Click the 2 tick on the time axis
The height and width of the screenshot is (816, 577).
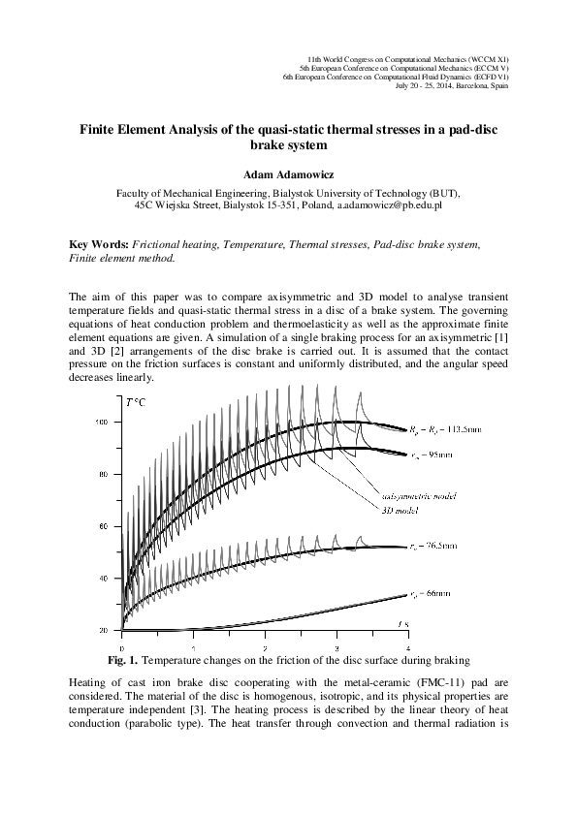(265, 647)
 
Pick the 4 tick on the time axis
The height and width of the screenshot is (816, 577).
(407, 647)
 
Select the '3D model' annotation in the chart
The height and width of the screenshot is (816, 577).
(395, 507)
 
